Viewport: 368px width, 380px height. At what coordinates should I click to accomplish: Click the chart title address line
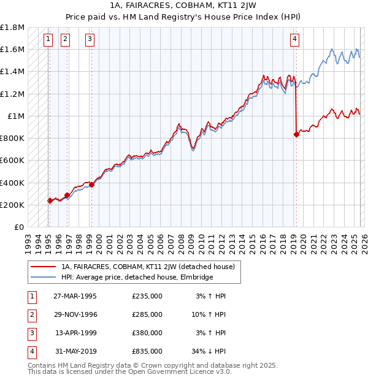184,5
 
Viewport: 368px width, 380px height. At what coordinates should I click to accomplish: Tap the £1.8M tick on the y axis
12,28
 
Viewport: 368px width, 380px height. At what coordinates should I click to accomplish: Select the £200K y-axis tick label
12,205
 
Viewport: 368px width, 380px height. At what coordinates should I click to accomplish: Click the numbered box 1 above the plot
48,40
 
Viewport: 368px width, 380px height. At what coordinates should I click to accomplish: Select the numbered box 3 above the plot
90,40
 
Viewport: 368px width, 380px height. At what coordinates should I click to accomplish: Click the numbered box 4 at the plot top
295,40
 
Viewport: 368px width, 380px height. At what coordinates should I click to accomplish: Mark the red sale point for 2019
296,134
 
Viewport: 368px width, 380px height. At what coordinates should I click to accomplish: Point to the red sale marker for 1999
91,184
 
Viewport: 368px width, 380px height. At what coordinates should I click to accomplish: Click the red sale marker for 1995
50,200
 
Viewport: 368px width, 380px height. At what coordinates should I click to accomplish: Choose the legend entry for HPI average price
137,277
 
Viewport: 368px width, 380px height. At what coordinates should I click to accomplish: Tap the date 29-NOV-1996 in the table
75,314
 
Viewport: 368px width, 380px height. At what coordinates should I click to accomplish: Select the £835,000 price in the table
147,351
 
